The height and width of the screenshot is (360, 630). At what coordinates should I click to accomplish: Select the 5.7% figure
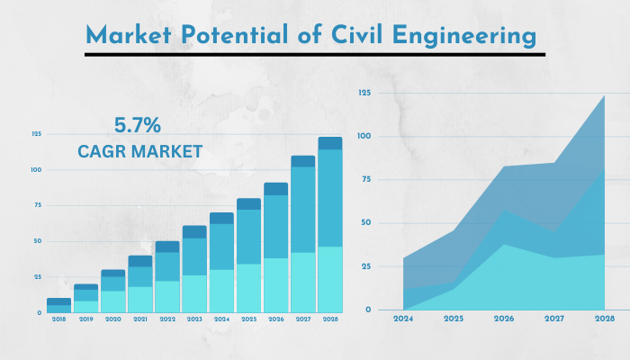pyautogui.click(x=137, y=124)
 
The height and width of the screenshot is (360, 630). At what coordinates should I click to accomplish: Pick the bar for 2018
pyautogui.click(x=58, y=306)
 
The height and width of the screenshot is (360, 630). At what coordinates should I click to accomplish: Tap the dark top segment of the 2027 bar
pyautogui.click(x=302, y=161)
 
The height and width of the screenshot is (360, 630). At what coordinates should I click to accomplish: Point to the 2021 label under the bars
pyautogui.click(x=139, y=319)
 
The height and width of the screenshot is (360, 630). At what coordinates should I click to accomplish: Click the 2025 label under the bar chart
pyautogui.click(x=248, y=319)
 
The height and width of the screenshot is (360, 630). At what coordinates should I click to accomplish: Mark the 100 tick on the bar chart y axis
pyautogui.click(x=36, y=169)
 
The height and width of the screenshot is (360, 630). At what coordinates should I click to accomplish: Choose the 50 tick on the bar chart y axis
pyautogui.click(x=37, y=241)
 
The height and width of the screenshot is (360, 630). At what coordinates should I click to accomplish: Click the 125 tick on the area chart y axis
pyautogui.click(x=364, y=93)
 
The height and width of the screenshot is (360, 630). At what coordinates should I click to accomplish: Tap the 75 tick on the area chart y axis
pyautogui.click(x=365, y=179)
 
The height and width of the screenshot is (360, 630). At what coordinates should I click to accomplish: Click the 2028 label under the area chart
pyautogui.click(x=604, y=319)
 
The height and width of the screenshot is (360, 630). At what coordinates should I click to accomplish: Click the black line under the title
pyautogui.click(x=315, y=54)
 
